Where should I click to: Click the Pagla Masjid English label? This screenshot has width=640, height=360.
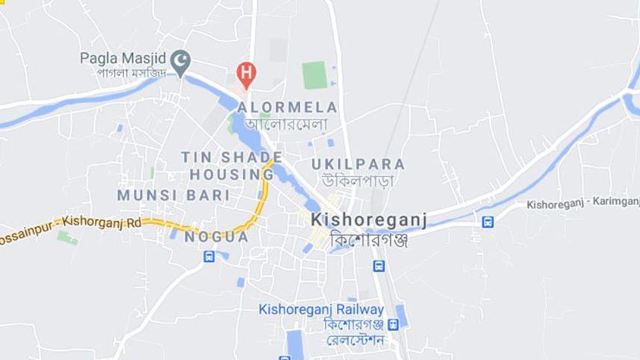coord(125,58)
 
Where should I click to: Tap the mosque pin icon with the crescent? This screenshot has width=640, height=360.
coord(180,63)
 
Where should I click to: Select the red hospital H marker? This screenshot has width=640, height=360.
coord(246,72)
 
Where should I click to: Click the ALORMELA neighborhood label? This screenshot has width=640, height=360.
coord(288,108)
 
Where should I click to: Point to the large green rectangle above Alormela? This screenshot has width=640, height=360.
coord(314,75)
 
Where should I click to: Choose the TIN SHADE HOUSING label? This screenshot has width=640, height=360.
coord(232,165)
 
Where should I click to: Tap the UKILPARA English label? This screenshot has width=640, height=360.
coord(358,164)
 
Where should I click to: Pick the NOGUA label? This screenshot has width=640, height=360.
coord(217,237)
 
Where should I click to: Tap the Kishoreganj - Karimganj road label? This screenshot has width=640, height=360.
coord(582,203)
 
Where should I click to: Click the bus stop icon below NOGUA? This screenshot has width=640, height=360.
coord(209,258)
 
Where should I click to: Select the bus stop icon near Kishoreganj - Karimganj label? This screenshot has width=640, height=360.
coord(488,221)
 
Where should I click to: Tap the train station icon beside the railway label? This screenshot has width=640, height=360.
coord(394,324)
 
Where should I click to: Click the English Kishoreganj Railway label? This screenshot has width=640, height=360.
coord(321,309)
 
